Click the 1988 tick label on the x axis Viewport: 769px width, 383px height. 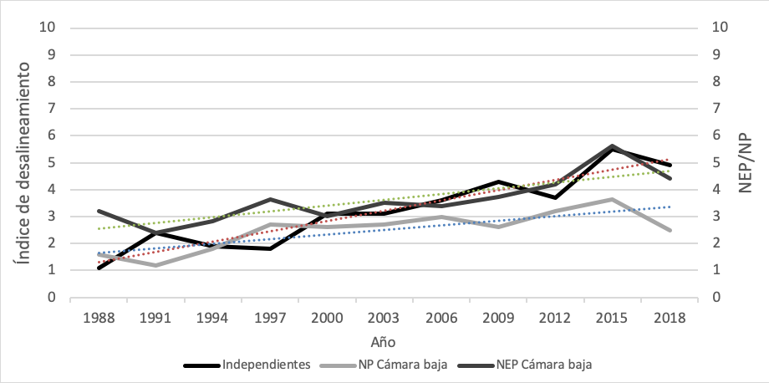[x=99, y=319]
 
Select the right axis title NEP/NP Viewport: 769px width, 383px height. [x=746, y=161]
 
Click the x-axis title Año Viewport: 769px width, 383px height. [x=384, y=341]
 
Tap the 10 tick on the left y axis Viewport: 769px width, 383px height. [x=48, y=28]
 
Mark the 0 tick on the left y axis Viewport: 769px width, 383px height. [x=51, y=297]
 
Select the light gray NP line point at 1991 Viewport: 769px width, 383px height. [x=156, y=265]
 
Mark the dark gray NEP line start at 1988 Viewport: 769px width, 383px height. [x=99, y=211]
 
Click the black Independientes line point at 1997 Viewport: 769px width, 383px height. [x=272, y=248]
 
